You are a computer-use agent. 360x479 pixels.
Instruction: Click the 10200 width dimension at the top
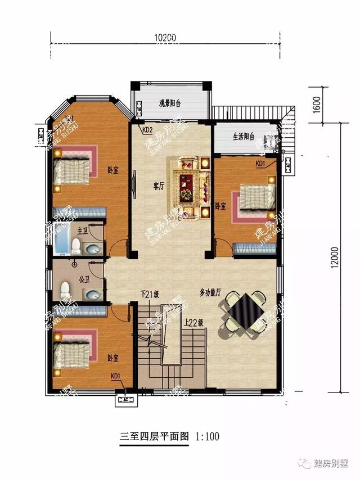point(164,37)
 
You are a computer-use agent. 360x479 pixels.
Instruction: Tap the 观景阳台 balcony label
point(169,103)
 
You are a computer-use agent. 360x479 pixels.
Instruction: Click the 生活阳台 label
point(244,137)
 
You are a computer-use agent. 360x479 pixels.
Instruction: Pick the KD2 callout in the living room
point(147,130)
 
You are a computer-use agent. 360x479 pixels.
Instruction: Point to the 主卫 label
point(82,231)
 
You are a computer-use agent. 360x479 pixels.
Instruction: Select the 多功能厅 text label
point(210,293)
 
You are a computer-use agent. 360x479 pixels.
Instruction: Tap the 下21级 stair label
point(150,293)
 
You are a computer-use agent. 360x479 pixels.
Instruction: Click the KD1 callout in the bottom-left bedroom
point(115,376)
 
